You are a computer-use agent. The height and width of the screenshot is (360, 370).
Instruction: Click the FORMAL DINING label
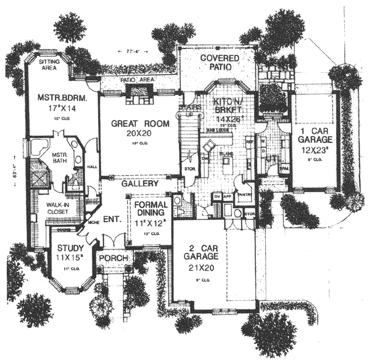coord(147,204)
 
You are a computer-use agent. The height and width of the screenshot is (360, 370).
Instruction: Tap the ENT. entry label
coord(111,218)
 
